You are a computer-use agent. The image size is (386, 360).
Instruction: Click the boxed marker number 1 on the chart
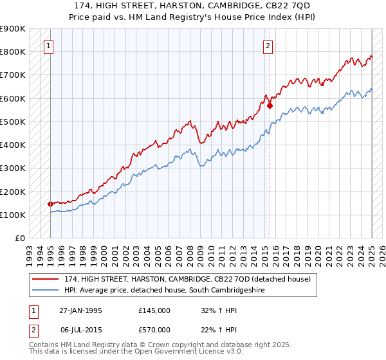point(50,46)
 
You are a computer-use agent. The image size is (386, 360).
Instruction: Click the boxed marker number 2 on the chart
point(268,46)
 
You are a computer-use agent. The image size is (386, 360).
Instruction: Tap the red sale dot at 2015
point(270,105)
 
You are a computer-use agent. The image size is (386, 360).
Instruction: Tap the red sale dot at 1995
point(50,204)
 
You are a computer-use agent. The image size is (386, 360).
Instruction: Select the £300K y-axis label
point(13,168)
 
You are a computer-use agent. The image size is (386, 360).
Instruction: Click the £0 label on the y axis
point(19,238)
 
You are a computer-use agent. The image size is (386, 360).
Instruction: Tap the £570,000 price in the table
point(154,329)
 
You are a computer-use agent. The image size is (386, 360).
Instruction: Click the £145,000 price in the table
point(154,310)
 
